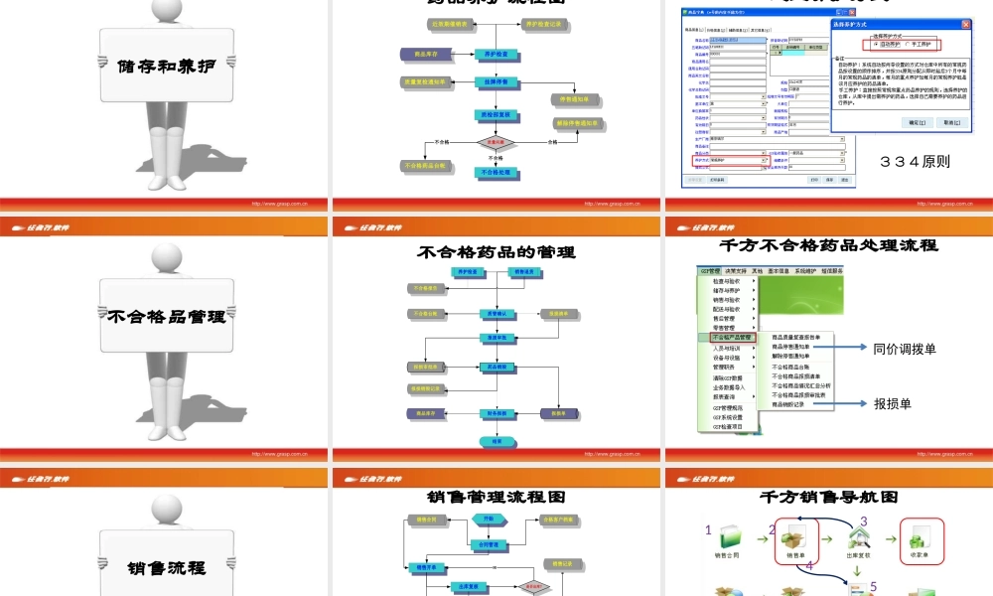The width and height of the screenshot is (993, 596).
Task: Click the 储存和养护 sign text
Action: [x=167, y=67]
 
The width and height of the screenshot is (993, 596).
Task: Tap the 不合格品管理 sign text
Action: [x=167, y=318]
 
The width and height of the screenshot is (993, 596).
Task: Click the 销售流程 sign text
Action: [x=167, y=569]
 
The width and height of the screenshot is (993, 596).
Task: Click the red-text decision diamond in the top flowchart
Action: [x=494, y=143]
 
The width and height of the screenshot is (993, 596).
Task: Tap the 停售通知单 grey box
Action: [x=576, y=99]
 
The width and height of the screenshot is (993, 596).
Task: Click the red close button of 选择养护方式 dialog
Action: [x=966, y=24]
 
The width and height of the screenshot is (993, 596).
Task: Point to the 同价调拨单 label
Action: [x=905, y=349]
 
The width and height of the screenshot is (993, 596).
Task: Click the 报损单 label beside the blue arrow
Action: [x=892, y=404]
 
